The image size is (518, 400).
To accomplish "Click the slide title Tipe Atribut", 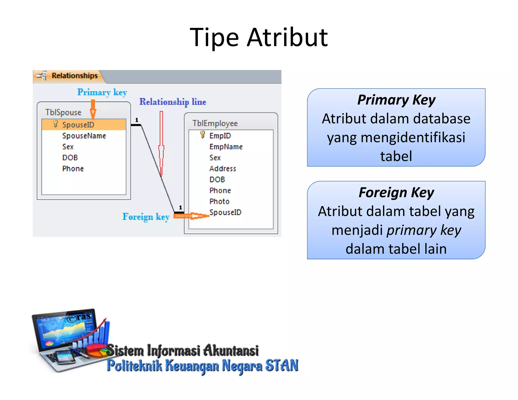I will pyautogui.click(x=258, y=37).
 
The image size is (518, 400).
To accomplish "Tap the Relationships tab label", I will pyautogui.click(x=74, y=76).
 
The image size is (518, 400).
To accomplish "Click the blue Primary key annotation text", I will pyautogui.click(x=102, y=92).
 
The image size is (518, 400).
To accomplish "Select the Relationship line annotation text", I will pyautogui.click(x=173, y=102).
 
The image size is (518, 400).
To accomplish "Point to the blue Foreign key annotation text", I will pyautogui.click(x=146, y=217).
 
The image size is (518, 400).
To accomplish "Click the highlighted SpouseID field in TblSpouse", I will pyautogui.click(x=78, y=125).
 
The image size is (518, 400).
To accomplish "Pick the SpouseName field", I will pyautogui.click(x=84, y=136).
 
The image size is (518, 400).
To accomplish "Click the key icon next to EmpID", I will pyautogui.click(x=202, y=135).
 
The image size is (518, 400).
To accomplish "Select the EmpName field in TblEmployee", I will pyautogui.click(x=226, y=147).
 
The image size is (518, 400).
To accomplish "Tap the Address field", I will pyautogui.click(x=223, y=169).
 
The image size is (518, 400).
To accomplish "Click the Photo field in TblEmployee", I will pyautogui.click(x=219, y=202).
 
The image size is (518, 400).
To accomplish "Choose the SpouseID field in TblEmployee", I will pyautogui.click(x=225, y=212).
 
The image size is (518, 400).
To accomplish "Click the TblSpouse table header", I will pyautogui.click(x=63, y=112).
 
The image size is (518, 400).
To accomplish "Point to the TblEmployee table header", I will pyautogui.click(x=215, y=123).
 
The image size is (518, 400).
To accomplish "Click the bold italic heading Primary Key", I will pyautogui.click(x=396, y=100).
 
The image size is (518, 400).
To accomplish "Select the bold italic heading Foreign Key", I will pyautogui.click(x=396, y=193).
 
